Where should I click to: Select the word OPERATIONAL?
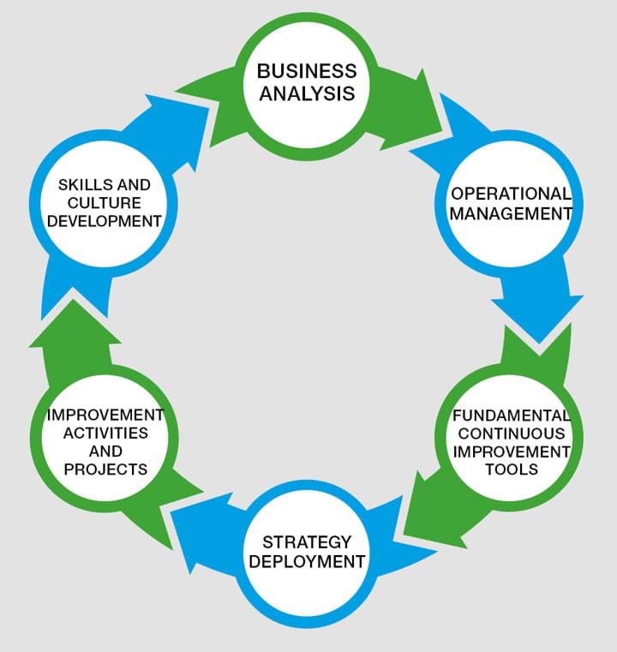tap(510, 193)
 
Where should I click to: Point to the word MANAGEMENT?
tap(510, 212)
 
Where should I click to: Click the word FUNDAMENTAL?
tap(512, 416)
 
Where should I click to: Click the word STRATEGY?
tap(307, 542)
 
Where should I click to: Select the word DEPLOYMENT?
tap(307, 562)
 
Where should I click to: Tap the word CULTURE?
tap(105, 202)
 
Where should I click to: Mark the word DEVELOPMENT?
tap(105, 220)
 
